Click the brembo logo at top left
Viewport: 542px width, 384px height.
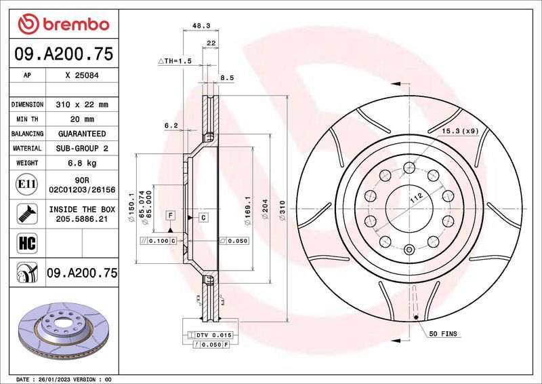(63, 24)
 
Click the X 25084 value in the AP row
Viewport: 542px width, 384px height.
(82, 76)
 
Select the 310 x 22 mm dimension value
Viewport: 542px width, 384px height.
(82, 105)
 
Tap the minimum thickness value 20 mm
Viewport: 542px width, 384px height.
(82, 119)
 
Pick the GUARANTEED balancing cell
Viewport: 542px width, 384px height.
(82, 134)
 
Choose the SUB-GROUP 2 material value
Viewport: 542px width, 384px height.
(82, 148)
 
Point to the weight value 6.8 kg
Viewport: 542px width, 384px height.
(82, 163)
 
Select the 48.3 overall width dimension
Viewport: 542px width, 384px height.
(201, 25)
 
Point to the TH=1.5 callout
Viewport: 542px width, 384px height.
(175, 61)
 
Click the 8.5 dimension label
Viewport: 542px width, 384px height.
(228, 78)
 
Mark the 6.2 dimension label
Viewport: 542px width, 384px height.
(171, 126)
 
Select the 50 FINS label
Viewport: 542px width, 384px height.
(444, 334)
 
